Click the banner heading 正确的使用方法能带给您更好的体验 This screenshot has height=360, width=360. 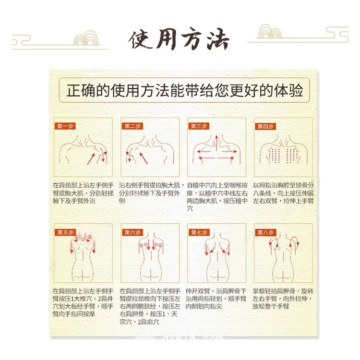click(x=185, y=90)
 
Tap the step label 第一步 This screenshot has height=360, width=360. click(x=65, y=126)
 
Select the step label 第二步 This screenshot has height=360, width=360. click(x=132, y=126)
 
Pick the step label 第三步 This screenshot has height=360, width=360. click(x=199, y=126)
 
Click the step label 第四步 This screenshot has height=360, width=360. click(x=265, y=126)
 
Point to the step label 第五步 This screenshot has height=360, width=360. click(x=65, y=232)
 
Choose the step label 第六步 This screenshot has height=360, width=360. click(x=132, y=232)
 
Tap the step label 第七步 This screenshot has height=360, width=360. click(x=199, y=232)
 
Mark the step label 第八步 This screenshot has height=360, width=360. click(x=265, y=232)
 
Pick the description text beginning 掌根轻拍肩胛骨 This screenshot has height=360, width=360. click(x=283, y=299)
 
